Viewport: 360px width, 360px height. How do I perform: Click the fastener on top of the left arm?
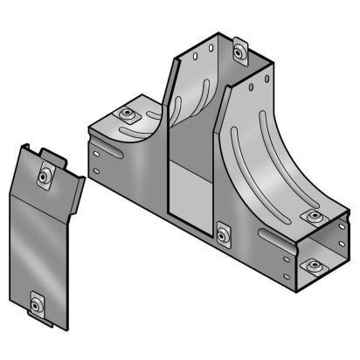click(x=128, y=114)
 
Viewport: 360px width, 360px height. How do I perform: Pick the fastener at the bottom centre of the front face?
click(x=224, y=233)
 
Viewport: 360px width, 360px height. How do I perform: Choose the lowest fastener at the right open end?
click(x=310, y=262)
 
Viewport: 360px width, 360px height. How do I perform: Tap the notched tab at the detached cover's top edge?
click(x=53, y=157)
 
